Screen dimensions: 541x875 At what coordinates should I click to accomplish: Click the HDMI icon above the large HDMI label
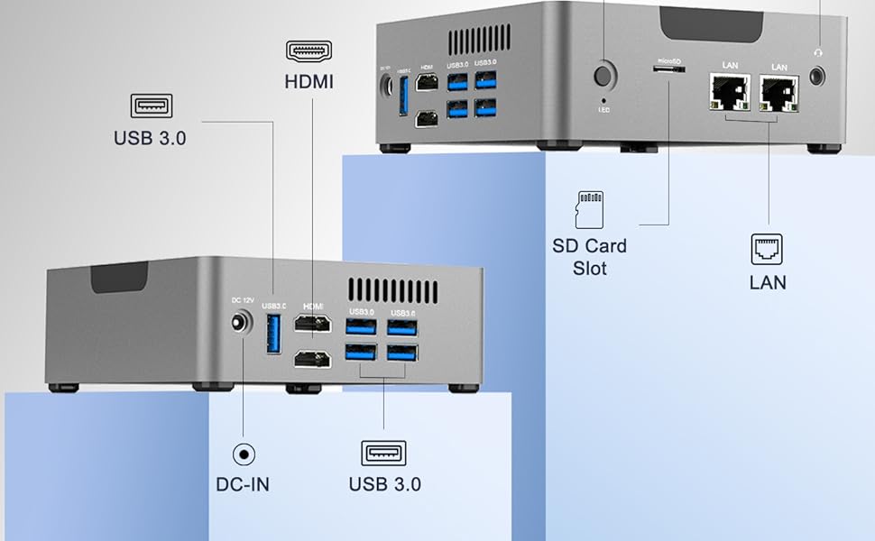309,50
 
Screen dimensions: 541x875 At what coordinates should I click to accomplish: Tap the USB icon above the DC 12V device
152,105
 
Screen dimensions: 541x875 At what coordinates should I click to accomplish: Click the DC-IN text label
242,484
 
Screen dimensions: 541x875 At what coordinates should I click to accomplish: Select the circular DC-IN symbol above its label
243,454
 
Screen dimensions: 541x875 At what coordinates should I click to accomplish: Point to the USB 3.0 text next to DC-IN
384,484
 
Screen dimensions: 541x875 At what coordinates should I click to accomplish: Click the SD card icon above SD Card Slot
588,209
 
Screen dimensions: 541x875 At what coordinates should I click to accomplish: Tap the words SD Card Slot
589,257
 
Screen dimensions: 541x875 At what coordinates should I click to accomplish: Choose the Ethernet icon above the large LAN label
768,248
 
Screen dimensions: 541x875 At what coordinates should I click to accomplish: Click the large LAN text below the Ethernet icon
768,282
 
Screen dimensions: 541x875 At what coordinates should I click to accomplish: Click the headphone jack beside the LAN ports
819,75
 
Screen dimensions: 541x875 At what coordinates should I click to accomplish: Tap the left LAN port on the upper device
730,93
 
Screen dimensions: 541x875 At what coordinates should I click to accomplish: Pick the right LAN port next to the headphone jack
778,93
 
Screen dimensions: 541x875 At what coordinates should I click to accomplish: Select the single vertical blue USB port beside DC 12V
272,335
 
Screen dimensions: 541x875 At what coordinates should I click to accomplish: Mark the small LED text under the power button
603,109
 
